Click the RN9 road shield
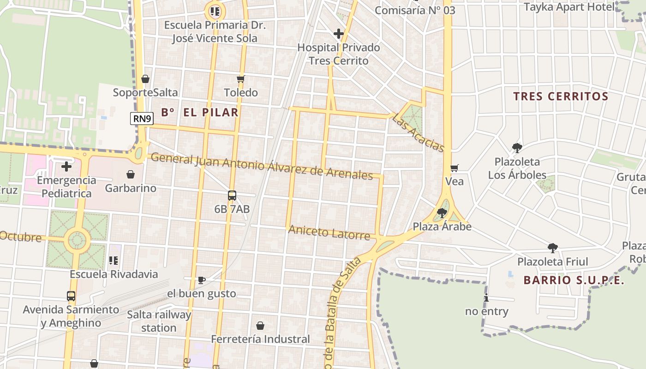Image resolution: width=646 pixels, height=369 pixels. tap(143, 119)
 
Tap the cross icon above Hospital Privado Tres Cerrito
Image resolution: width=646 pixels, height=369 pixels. tap(339, 33)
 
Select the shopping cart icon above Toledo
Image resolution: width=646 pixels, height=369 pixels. tap(240, 79)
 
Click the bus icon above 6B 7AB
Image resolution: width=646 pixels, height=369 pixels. tap(232, 196)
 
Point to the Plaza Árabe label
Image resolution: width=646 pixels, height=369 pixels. tap(442, 226)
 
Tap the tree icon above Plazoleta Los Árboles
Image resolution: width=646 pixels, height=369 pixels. tap(517, 148)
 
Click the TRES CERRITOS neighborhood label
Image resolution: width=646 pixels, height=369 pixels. tap(561, 96)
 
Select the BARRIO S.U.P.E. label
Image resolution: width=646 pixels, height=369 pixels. tap(574, 280)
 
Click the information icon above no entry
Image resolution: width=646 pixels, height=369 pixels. tap(486, 298)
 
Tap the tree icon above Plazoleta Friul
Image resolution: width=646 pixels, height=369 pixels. tap(552, 248)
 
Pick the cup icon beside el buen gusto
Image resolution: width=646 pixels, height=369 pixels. tap(201, 280)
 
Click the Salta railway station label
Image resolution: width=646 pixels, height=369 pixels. tap(159, 321)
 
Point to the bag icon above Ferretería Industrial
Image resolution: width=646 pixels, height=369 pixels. tap(260, 326)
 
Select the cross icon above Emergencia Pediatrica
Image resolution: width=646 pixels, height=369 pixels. tap(66, 167)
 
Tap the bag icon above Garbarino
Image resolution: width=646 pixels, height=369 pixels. tap(131, 174)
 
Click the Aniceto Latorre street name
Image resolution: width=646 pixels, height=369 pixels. tap(329, 232)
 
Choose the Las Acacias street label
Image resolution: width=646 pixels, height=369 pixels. tap(418, 133)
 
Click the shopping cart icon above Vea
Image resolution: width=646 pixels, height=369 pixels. tap(455, 168)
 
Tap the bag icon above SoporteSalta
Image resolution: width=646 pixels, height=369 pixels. tap(145, 79)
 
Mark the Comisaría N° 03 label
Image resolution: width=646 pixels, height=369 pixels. tap(414, 10)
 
